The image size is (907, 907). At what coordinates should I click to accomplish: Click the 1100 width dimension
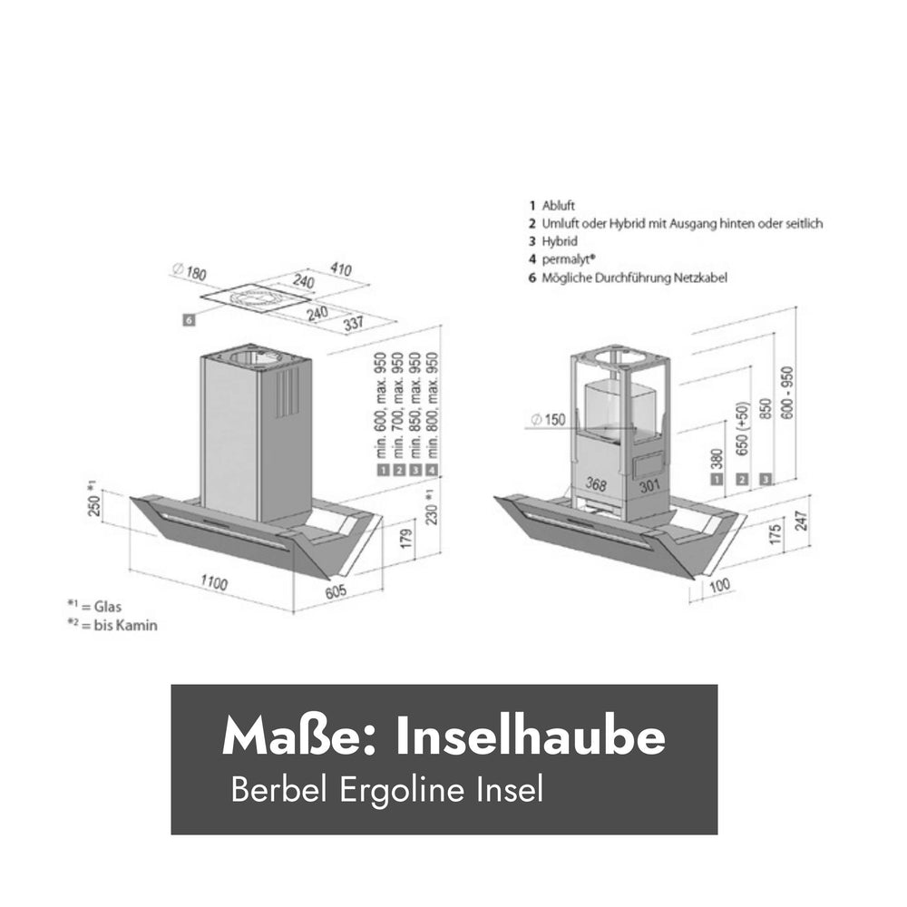tap(214, 582)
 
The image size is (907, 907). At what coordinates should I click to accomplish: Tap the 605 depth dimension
tap(335, 591)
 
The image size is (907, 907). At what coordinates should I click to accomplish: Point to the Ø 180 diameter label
tap(190, 271)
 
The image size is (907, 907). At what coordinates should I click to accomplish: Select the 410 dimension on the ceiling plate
tap(341, 269)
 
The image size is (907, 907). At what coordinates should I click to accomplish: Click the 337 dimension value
tap(354, 324)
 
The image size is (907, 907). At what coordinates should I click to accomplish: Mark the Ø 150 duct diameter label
tap(548, 419)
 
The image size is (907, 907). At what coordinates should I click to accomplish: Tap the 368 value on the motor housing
tap(595, 483)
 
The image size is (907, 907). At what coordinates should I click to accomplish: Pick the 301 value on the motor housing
tap(649, 484)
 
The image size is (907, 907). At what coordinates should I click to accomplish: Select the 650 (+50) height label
tap(743, 429)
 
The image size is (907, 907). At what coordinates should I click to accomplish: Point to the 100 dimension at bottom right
tap(719, 585)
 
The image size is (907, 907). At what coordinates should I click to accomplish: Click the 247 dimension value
tap(801, 521)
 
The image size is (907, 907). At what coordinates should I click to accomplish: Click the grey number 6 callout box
tap(189, 319)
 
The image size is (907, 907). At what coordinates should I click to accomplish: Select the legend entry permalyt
tap(562, 259)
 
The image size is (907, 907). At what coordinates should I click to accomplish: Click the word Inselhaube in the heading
tap(530, 736)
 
